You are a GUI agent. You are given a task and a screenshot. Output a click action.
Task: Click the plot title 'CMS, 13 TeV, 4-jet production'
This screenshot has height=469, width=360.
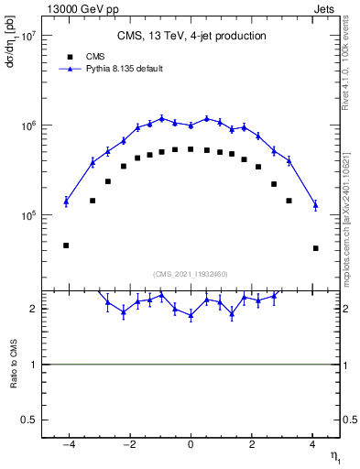[x=191, y=37]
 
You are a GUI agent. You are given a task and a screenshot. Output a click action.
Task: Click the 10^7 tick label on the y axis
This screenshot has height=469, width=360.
[x=28, y=36]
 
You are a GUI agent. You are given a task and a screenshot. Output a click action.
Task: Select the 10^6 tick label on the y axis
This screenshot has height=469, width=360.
[x=28, y=125]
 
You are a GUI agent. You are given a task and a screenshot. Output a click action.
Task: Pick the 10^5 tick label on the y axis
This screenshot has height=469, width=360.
[x=28, y=215]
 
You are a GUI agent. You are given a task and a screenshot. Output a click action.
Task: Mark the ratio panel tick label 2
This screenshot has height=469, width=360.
[x=33, y=309]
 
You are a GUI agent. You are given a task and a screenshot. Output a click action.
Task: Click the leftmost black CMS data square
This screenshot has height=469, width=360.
[x=66, y=245]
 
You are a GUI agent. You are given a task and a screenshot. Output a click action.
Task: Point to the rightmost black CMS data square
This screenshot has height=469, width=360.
[x=315, y=248]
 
